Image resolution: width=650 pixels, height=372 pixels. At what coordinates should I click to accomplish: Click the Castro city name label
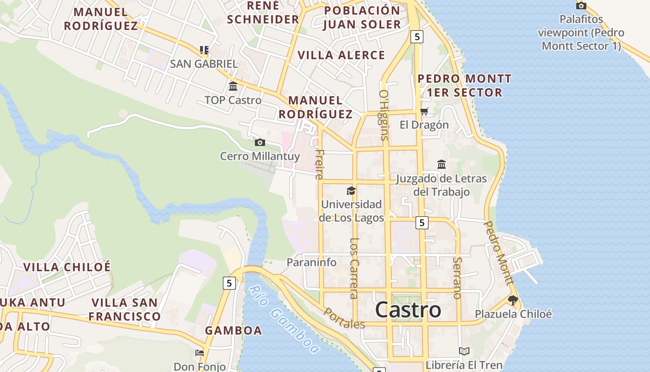[408, 310]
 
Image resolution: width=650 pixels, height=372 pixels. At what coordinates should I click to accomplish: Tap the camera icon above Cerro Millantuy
[260, 142]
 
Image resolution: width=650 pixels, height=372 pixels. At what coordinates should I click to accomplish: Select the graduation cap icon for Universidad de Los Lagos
[351, 191]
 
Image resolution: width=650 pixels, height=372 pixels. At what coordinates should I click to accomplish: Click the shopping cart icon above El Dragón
[424, 112]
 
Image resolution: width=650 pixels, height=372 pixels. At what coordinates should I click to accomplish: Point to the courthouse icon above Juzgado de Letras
[441, 165]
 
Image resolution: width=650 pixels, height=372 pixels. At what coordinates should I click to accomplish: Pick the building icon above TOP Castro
[233, 86]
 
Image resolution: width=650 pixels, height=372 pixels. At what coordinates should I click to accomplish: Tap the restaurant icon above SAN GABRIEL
[204, 50]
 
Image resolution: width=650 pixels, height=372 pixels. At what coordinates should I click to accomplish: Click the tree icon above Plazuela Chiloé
[513, 300]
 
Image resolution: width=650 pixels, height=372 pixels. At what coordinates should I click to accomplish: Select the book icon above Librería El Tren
[464, 351]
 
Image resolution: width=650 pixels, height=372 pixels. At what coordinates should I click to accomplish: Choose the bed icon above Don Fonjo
[200, 353]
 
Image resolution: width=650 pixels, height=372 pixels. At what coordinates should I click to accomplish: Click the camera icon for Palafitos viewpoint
[581, 6]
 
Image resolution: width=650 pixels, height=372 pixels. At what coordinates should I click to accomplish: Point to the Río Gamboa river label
[284, 319]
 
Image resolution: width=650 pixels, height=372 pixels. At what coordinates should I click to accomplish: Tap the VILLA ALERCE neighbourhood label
[341, 55]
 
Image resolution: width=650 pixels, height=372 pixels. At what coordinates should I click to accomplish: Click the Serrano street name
[457, 278]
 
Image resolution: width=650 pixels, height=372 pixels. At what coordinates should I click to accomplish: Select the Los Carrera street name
[354, 268]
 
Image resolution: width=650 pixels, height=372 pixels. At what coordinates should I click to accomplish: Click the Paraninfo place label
[311, 262]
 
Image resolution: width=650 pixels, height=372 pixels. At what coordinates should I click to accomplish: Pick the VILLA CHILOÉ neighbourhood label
[67, 267]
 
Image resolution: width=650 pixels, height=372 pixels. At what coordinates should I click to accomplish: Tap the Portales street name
[344, 319]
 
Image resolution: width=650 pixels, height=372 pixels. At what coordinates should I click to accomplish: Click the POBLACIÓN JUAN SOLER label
[362, 18]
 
